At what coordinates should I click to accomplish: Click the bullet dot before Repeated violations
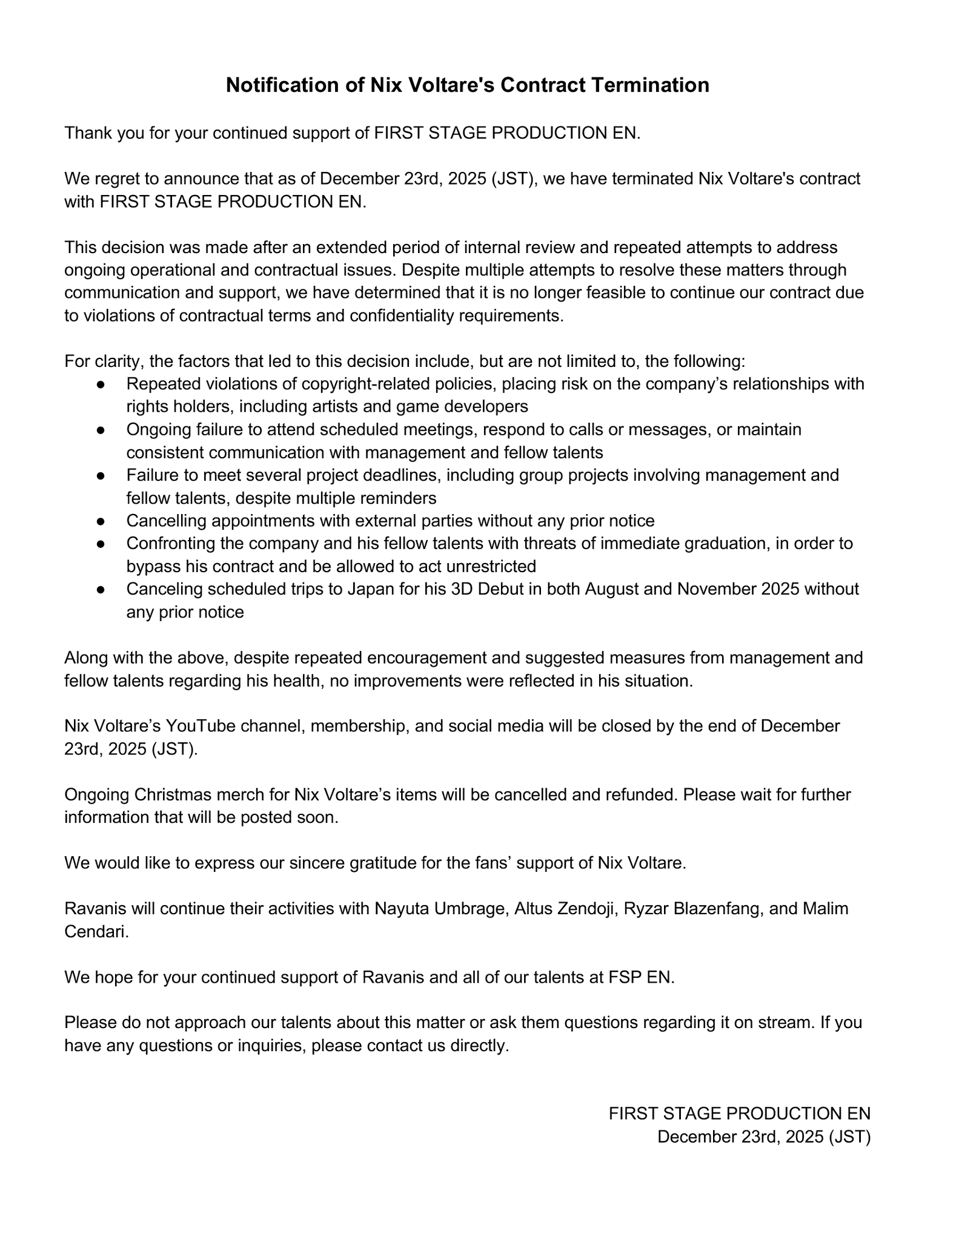(x=101, y=384)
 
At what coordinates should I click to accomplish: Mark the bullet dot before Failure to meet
(x=101, y=476)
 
